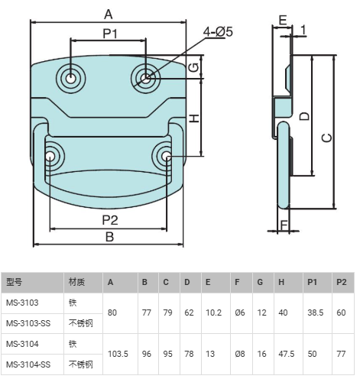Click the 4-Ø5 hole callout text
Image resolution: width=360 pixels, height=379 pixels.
coord(218,32)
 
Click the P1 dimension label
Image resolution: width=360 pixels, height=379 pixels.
coord(110,34)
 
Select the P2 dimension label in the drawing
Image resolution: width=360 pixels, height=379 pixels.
coord(110,220)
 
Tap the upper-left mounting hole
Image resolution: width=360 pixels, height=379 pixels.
coord(70,78)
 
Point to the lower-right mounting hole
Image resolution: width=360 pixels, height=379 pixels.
coord(166,156)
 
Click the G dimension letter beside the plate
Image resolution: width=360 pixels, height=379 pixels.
coord(195,67)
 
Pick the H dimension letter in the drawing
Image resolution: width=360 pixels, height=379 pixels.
coord(195,118)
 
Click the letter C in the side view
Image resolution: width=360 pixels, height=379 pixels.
coord(327,138)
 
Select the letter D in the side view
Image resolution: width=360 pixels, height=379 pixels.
coord(304,116)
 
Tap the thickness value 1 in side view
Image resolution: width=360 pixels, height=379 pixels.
coord(303,30)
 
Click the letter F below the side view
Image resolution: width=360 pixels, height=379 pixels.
coord(284,225)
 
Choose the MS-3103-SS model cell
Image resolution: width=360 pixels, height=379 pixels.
coord(28,323)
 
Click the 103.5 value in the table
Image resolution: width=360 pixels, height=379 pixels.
coord(118,354)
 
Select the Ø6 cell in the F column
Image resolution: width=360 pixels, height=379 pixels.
coord(240,313)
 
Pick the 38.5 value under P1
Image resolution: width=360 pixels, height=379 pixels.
coord(316,313)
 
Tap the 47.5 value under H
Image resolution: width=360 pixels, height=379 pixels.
coord(287,354)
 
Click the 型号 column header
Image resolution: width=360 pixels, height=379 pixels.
coord(15,282)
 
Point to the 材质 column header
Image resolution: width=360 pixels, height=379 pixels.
coord(76,282)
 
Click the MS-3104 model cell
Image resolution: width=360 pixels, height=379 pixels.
coord(22,344)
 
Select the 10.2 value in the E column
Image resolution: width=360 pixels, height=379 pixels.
coord(213,313)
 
